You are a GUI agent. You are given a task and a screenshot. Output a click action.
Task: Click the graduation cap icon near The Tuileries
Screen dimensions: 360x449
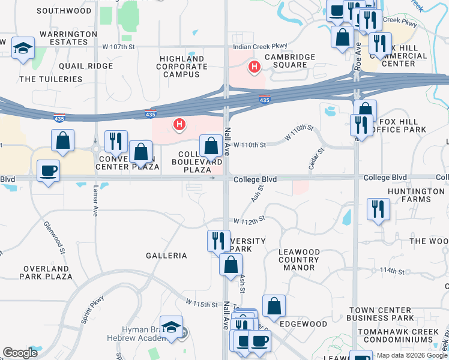coord(23,49)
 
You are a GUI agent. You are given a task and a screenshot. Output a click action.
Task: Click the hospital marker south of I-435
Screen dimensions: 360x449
coord(178,124)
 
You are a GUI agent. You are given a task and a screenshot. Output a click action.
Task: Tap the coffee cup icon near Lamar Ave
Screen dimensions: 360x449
coord(48,170)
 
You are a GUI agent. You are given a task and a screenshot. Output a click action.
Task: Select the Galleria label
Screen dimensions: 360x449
coord(166,256)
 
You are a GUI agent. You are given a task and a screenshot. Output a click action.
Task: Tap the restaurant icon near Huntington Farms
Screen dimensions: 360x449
coord(378,209)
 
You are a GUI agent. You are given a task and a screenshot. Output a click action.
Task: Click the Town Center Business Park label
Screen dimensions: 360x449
coord(381,313)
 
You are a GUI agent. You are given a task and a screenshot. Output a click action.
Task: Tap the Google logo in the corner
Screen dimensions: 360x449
coord(20,353)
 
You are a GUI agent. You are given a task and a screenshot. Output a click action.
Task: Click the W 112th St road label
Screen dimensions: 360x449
coord(249,221)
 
